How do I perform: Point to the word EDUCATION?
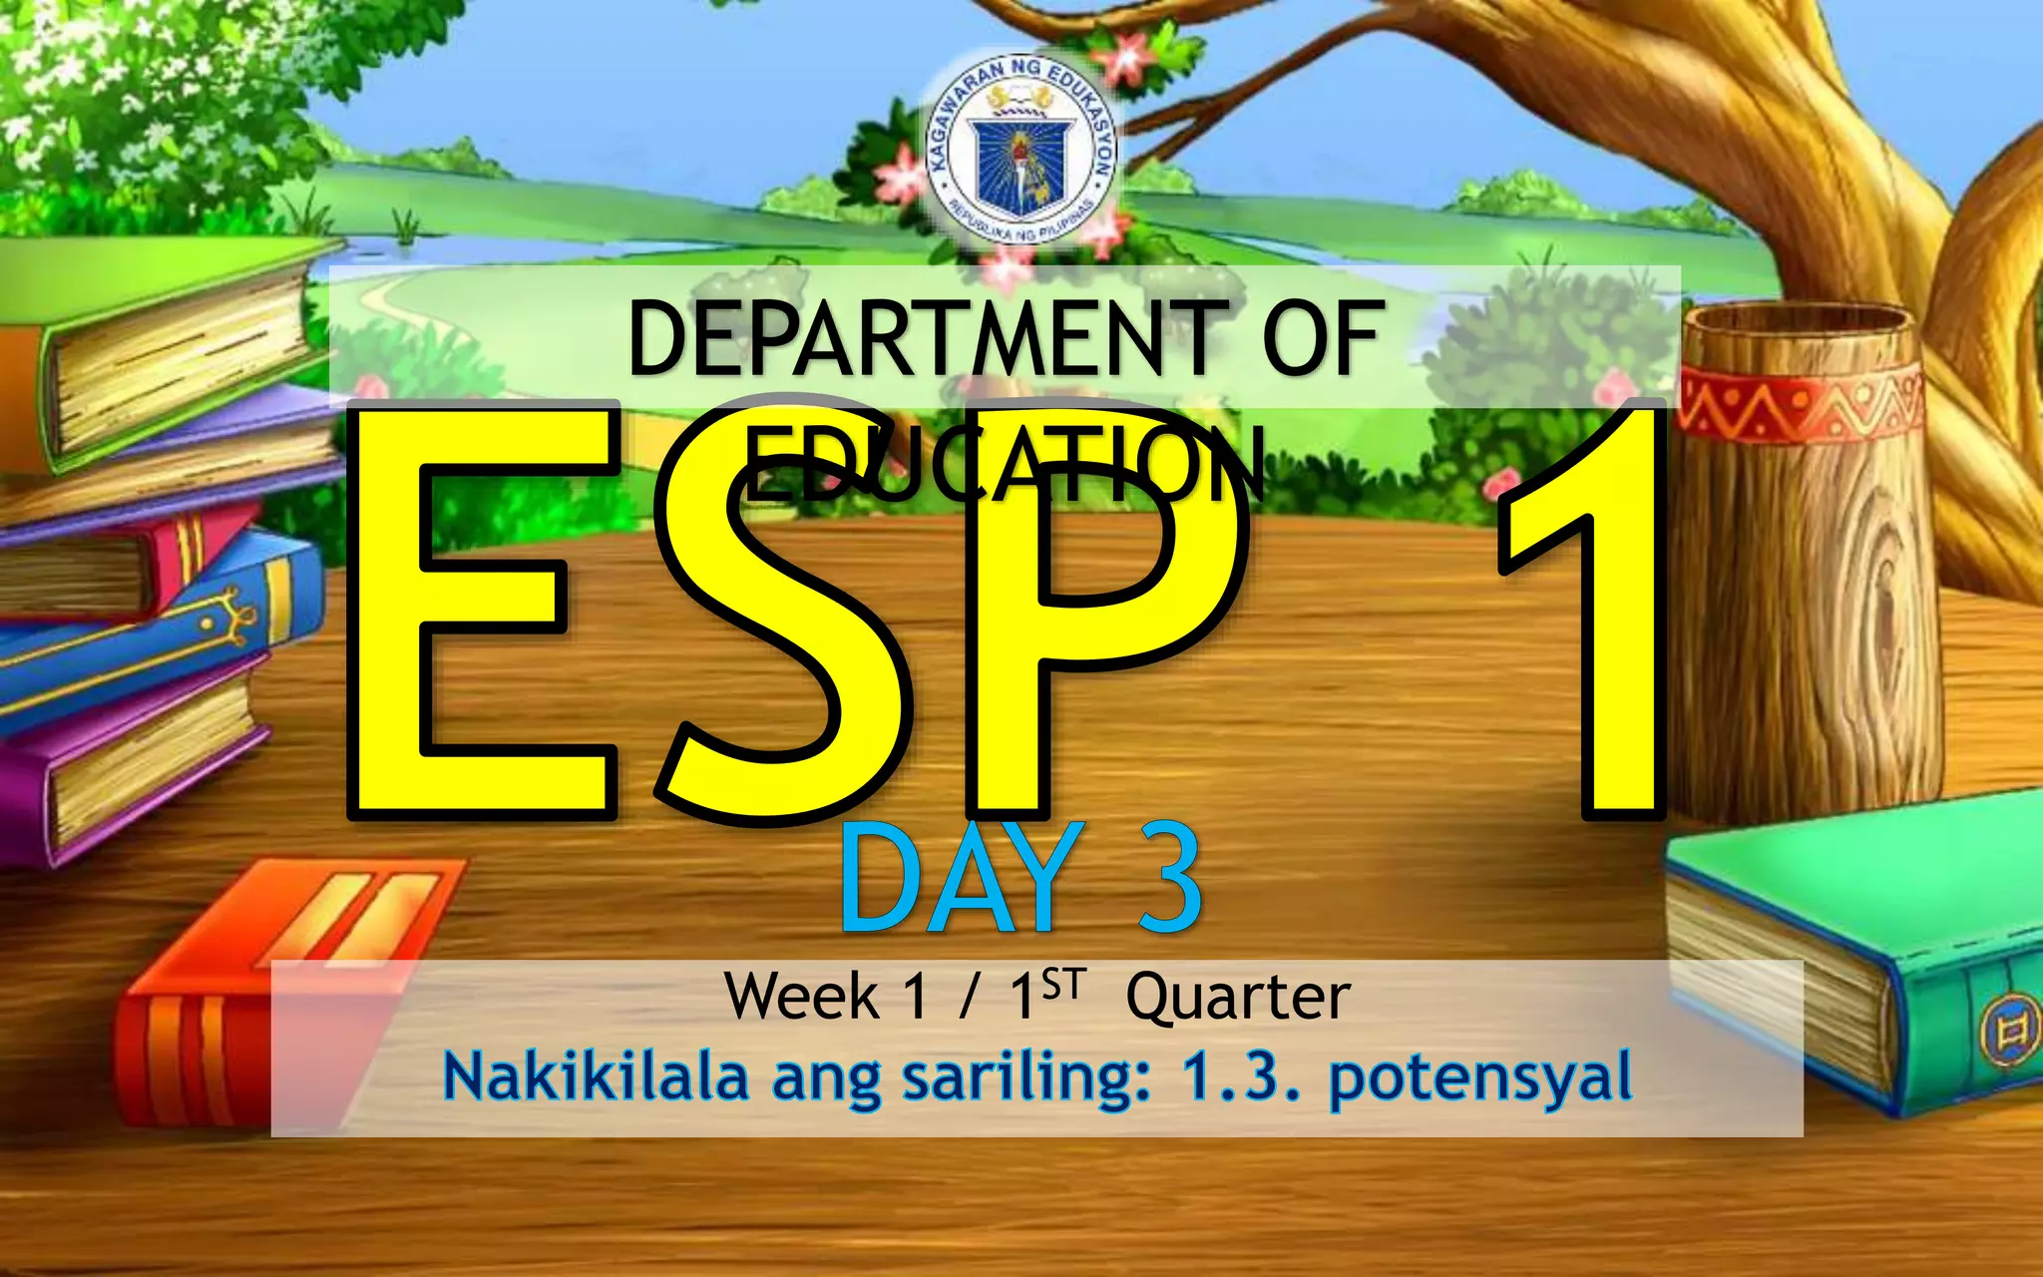coord(1004,465)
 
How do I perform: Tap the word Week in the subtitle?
coord(802,996)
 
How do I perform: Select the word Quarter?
coord(1238,997)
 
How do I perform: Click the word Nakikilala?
coord(596,1076)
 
